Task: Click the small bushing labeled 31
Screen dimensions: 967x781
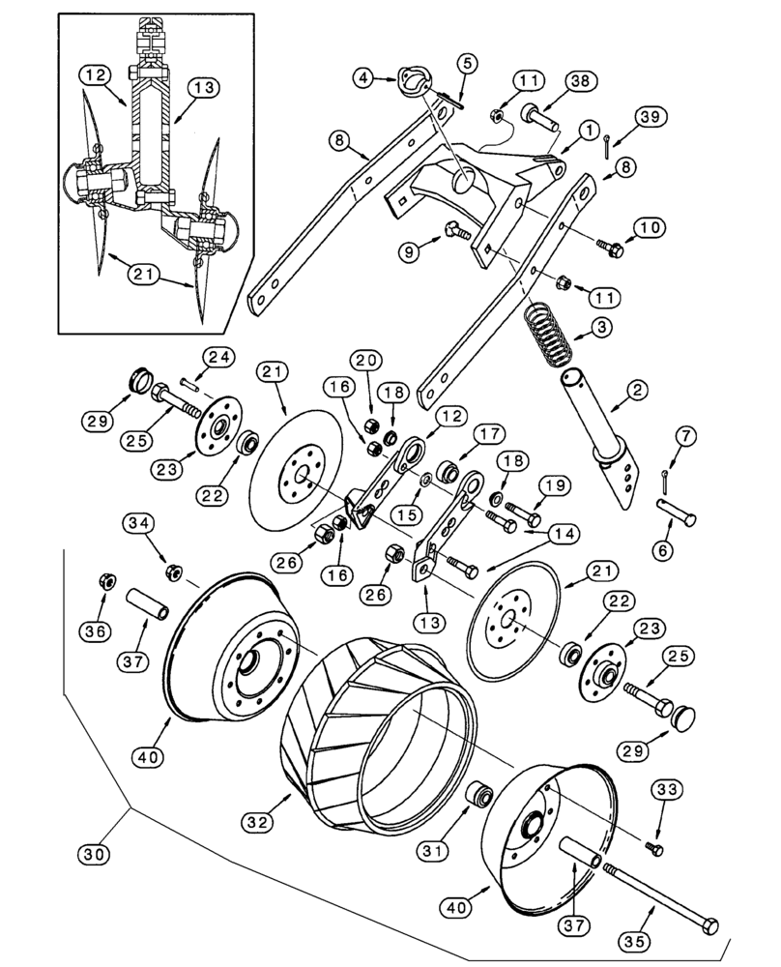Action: point(478,795)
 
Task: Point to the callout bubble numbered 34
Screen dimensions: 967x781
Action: point(137,524)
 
